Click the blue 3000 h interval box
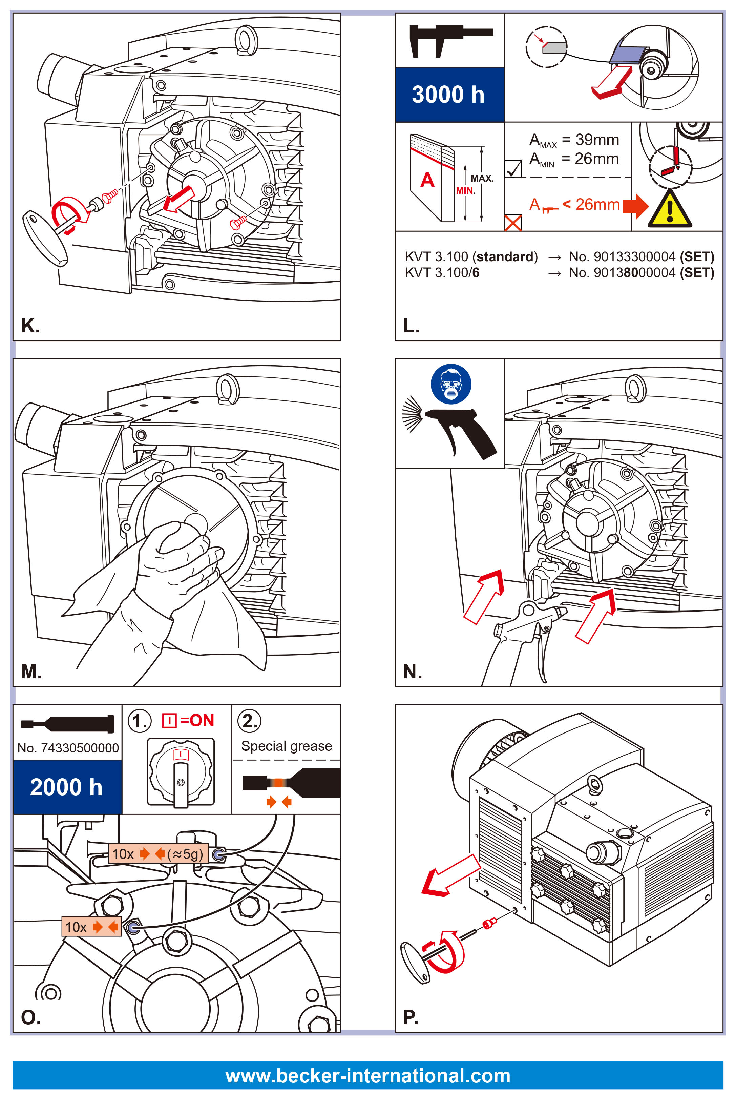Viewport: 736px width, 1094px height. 449,95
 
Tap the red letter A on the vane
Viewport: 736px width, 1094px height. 427,180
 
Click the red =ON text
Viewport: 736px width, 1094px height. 197,720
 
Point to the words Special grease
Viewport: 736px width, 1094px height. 286,746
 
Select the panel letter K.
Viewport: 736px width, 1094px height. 30,325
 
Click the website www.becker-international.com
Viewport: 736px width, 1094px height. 367,1075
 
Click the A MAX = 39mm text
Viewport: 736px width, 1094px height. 573,140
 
